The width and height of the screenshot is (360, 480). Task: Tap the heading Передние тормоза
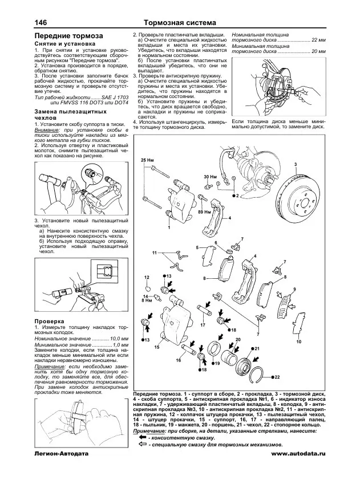tap(64, 36)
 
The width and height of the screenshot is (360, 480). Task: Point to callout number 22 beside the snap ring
tap(278, 377)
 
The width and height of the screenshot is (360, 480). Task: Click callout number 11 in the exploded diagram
tap(154, 252)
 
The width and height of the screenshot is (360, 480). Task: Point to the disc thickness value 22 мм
tap(318, 42)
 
